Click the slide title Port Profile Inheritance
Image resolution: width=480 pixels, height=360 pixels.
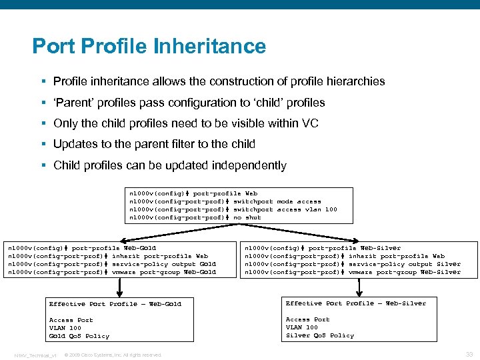tap(149, 46)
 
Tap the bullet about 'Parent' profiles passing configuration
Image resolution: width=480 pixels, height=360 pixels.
tap(189, 103)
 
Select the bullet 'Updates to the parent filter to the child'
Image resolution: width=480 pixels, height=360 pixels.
tap(154, 144)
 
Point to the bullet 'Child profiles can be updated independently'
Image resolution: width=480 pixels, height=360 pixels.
tap(169, 165)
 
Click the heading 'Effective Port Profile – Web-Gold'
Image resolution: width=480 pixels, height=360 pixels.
tap(115, 304)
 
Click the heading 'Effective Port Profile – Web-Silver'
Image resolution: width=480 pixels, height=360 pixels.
tap(356, 303)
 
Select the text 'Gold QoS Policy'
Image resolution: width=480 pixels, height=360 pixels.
tap(79, 336)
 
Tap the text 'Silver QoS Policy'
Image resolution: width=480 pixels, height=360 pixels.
tap(320, 335)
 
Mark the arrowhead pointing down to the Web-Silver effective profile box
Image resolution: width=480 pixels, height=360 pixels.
tap(360, 291)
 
